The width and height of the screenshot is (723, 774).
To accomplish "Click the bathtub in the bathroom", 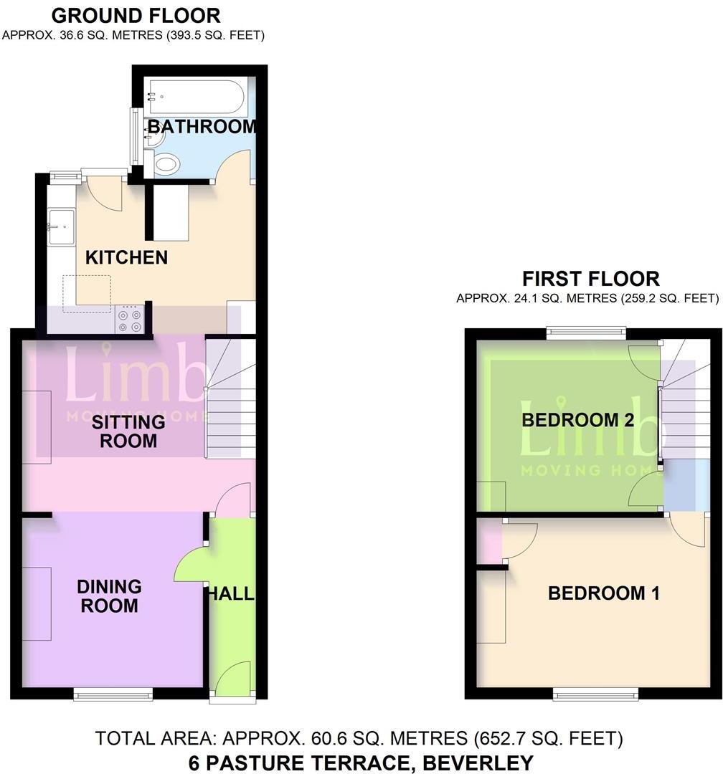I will (195, 97).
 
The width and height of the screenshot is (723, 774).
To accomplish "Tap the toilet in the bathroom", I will (165, 165).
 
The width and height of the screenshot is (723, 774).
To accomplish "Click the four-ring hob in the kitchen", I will (129, 320).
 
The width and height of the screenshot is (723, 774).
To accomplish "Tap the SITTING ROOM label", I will (128, 431).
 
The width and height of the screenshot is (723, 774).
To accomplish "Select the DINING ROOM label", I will (109, 596).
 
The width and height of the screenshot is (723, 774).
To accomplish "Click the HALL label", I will (231, 593).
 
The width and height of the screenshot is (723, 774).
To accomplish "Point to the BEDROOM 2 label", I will (577, 420).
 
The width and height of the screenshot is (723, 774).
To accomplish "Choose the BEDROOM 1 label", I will (604, 593).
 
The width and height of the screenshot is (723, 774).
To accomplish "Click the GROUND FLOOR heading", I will (136, 15).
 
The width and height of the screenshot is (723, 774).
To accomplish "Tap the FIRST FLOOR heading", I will (590, 278).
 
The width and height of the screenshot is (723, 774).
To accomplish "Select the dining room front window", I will (113, 693).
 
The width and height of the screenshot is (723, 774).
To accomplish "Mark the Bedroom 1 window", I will (595, 693).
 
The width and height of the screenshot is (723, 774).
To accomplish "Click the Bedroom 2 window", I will (585, 331).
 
